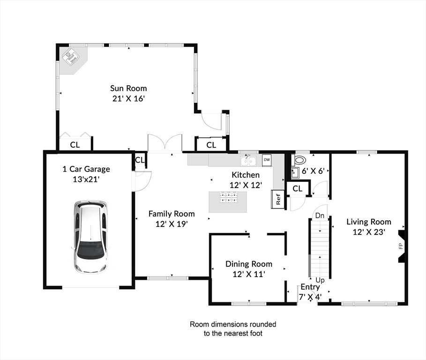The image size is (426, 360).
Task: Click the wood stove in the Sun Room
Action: click(x=71, y=57)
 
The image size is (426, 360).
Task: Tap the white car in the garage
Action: click(x=90, y=237)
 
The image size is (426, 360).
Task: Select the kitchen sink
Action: click(x=248, y=161)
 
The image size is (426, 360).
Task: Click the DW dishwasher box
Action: click(x=267, y=160)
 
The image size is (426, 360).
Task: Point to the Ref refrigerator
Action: click(x=277, y=199)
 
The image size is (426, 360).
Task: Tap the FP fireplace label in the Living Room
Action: click(x=401, y=246)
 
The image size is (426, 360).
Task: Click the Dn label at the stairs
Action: click(x=320, y=216)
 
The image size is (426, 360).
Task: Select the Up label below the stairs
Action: click(x=320, y=280)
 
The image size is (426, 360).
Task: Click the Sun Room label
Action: click(x=128, y=88)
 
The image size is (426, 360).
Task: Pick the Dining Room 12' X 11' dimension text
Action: click(x=249, y=274)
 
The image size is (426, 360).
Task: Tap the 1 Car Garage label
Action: click(x=86, y=169)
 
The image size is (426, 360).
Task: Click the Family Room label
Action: click(x=172, y=214)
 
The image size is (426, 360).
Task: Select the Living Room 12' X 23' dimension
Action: click(x=369, y=232)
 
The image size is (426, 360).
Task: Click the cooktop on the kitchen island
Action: click(x=228, y=197)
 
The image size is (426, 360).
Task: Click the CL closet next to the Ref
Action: click(x=298, y=188)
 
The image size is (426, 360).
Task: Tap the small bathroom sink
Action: click(x=295, y=172)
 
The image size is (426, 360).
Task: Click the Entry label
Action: click(x=310, y=287)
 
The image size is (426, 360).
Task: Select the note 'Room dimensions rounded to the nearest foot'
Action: click(x=233, y=329)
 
